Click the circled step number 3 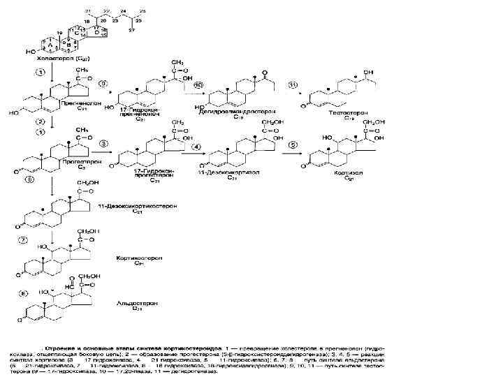pyautogui.click(x=104, y=145)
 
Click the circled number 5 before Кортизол pyautogui.click(x=293, y=146)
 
